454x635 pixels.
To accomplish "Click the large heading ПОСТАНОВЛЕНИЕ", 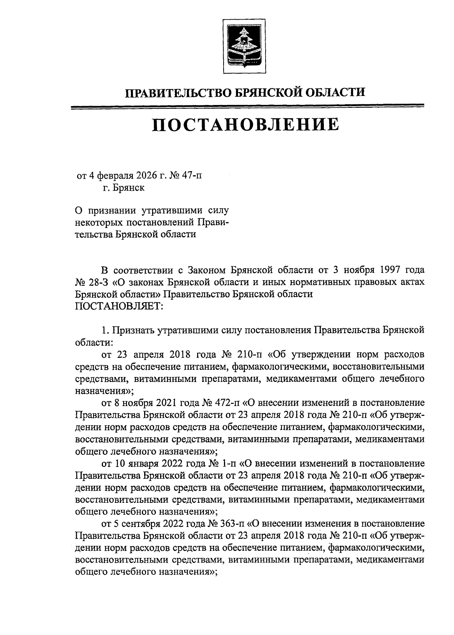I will pos(245,125).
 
